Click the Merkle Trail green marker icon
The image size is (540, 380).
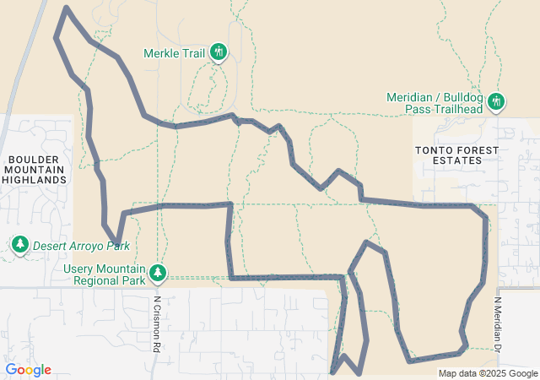coord(219,52)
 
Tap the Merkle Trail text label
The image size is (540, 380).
coord(175,53)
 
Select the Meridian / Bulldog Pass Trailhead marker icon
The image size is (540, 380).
coord(496,101)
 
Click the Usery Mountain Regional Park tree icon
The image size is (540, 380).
coord(157,272)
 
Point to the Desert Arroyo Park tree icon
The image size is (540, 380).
coord(19,245)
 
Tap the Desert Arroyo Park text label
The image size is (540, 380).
coord(81,247)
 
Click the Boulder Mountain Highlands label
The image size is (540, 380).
coord(35,169)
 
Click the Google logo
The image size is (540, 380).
coord(29,370)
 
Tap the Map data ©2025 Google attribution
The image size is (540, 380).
coord(487,373)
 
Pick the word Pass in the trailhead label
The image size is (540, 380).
coord(417,110)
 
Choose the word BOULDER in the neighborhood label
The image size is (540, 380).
coord(35,158)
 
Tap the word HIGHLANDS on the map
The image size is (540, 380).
coord(35,180)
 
